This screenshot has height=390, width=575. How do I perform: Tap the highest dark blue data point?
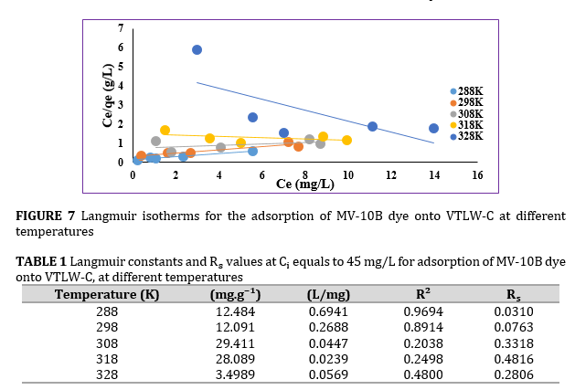click(197, 50)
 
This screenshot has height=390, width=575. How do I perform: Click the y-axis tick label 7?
click(121, 28)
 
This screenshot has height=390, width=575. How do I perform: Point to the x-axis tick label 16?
click(476, 175)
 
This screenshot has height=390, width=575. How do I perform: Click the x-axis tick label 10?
click(347, 175)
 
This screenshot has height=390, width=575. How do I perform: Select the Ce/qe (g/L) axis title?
click(108, 96)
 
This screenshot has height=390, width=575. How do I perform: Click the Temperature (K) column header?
click(107, 294)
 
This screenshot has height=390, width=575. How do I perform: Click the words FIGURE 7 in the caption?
click(45, 216)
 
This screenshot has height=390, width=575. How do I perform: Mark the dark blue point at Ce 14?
click(433, 129)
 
